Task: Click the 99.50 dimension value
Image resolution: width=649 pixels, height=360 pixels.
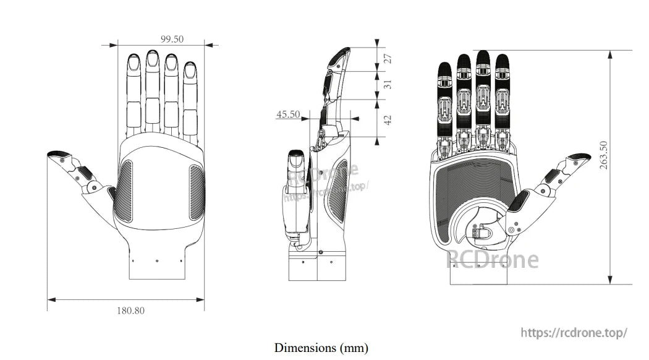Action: pos(172,39)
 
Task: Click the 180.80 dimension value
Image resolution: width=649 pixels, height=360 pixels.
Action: pos(130,311)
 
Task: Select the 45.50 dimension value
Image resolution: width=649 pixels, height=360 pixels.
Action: pos(288,114)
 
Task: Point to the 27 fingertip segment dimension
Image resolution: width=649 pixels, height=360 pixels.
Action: pos(388,59)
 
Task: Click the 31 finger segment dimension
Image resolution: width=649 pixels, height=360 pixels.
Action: pos(388,85)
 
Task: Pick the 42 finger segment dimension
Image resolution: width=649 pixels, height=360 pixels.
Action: pos(388,119)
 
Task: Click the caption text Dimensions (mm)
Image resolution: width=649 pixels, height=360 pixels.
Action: pos(321,348)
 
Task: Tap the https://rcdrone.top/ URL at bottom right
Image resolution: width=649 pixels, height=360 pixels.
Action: pos(574,333)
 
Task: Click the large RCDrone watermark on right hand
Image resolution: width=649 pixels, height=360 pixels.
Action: pos(492,260)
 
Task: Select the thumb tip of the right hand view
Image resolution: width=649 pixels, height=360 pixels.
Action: pos(580,158)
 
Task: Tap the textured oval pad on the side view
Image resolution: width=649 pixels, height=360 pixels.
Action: pos(337,199)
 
